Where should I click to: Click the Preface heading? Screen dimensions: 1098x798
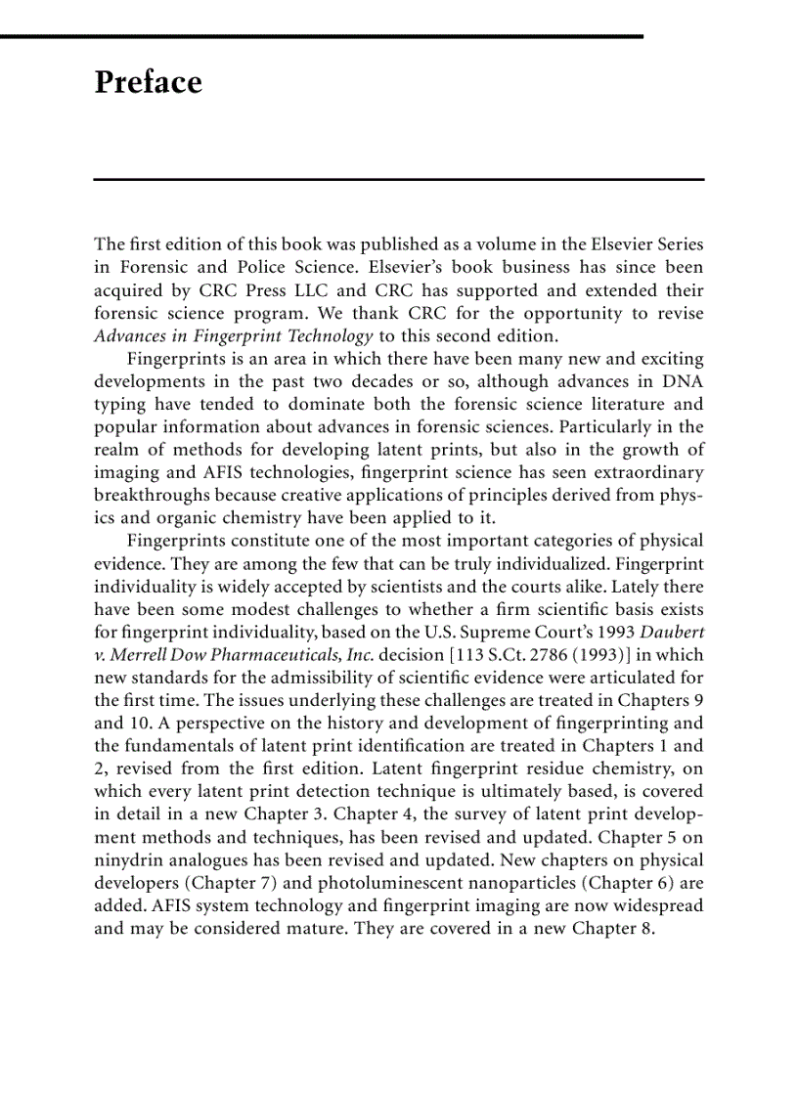coord(148,82)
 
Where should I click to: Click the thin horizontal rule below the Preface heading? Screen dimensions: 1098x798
coord(399,179)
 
